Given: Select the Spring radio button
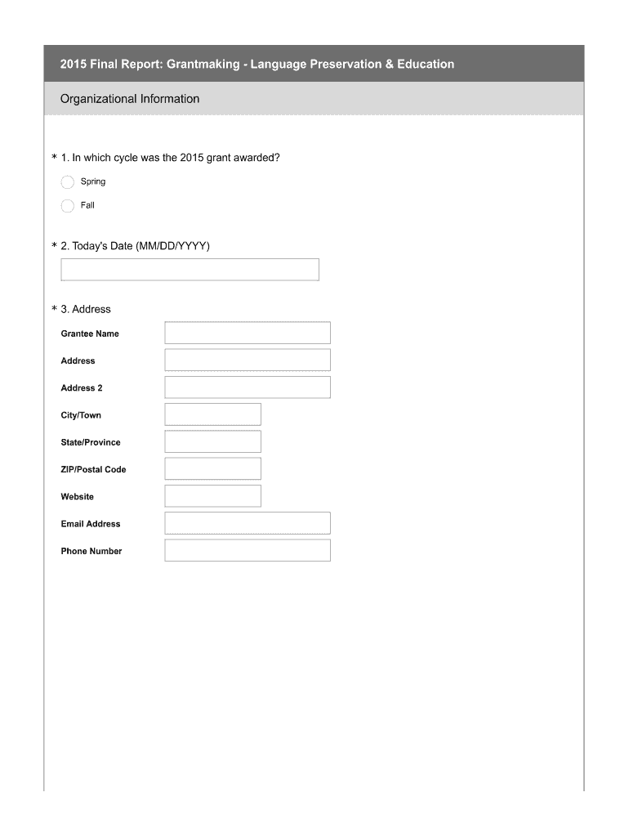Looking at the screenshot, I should pyautogui.click(x=68, y=181).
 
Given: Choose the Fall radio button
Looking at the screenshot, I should pyautogui.click(x=68, y=205).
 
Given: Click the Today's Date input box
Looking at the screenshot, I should pyautogui.click(x=190, y=270).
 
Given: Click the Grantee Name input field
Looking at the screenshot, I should pyautogui.click(x=248, y=333).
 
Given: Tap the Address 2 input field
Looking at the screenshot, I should pyautogui.click(x=248, y=387).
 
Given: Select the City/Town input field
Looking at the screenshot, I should pyautogui.click(x=212, y=414).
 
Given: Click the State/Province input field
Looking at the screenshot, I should pyautogui.click(x=212, y=441).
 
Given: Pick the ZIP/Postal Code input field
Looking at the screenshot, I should pyautogui.click(x=212, y=468).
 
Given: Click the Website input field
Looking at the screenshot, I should pyautogui.click(x=212, y=495).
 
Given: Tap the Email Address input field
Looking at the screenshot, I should pyautogui.click(x=248, y=523).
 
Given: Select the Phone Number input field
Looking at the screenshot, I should pyautogui.click(x=248, y=550).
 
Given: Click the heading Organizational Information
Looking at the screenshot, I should pyautogui.click(x=130, y=99).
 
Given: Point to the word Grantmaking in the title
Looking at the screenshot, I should pyautogui.click(x=203, y=64).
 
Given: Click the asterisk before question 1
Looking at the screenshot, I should pyautogui.click(x=54, y=158).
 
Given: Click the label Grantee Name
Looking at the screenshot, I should pyautogui.click(x=90, y=333).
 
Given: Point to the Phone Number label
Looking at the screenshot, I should pyautogui.click(x=91, y=551).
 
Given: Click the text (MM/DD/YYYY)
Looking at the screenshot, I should pyautogui.click(x=172, y=246).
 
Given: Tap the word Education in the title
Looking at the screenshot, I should pyautogui.click(x=420, y=64).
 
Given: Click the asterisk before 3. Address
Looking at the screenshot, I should pyautogui.click(x=54, y=310).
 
